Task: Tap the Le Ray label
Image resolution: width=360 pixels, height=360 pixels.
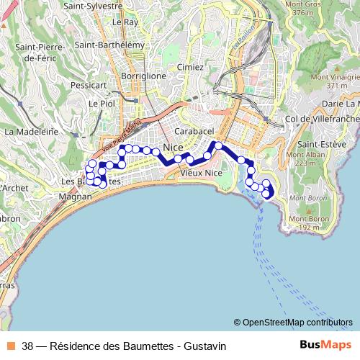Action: click(x=125, y=22)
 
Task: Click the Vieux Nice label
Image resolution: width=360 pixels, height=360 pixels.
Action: click(x=201, y=173)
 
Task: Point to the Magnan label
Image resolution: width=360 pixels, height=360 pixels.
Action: click(x=75, y=195)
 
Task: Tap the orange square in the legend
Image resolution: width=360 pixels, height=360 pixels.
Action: click(x=10, y=346)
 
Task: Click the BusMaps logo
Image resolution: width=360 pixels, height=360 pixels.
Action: click(x=325, y=345)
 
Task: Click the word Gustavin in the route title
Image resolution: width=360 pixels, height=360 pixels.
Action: click(x=204, y=346)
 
